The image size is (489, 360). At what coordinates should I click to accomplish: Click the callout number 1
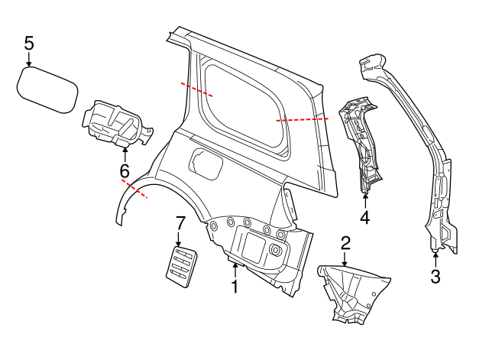click(235, 287)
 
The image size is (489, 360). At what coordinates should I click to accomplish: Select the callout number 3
click(436, 277)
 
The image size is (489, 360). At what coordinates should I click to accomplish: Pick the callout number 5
click(29, 43)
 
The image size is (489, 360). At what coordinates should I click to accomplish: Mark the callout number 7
click(180, 224)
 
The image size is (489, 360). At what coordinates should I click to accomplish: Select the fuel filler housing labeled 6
click(115, 122)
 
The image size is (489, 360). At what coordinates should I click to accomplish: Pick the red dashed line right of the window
click(302, 120)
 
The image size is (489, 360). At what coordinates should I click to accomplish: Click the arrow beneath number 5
click(29, 60)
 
